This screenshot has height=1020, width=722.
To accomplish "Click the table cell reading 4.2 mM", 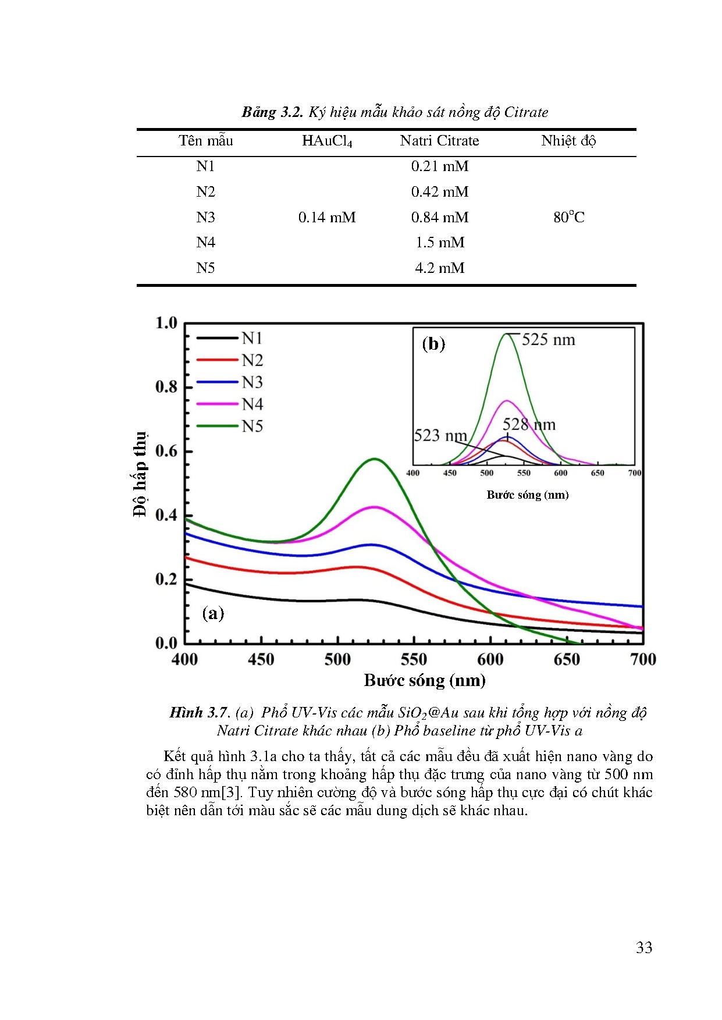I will coord(439,268).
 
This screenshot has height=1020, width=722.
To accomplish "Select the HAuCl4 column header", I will coord(327,141).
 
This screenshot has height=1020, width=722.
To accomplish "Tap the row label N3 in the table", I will coord(205,218).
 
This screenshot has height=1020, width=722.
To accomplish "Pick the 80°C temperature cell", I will coord(568,218).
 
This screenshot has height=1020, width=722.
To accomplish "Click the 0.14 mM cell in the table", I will coord(327,218).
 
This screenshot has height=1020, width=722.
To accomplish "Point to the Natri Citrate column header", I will coord(439,141).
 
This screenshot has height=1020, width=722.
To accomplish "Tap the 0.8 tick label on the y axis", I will coord(166,387).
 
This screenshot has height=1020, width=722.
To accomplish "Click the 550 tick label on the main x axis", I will coord(414,660).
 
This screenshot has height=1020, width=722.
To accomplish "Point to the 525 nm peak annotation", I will coord(548,340).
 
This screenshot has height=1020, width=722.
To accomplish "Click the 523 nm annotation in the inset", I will coord(440,436).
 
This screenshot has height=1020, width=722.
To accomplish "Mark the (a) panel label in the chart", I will coord(213,613).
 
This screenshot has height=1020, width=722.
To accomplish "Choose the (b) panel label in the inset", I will coord(433,344).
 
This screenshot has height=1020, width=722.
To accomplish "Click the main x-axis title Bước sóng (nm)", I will coord(425,680).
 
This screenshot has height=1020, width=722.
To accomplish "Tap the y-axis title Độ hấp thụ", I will coord(140,474).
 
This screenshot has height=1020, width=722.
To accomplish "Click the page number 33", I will coord(644,948).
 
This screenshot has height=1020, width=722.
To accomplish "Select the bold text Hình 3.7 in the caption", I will coord(198,713).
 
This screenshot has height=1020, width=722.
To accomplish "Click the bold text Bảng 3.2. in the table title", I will coord(272,112).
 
